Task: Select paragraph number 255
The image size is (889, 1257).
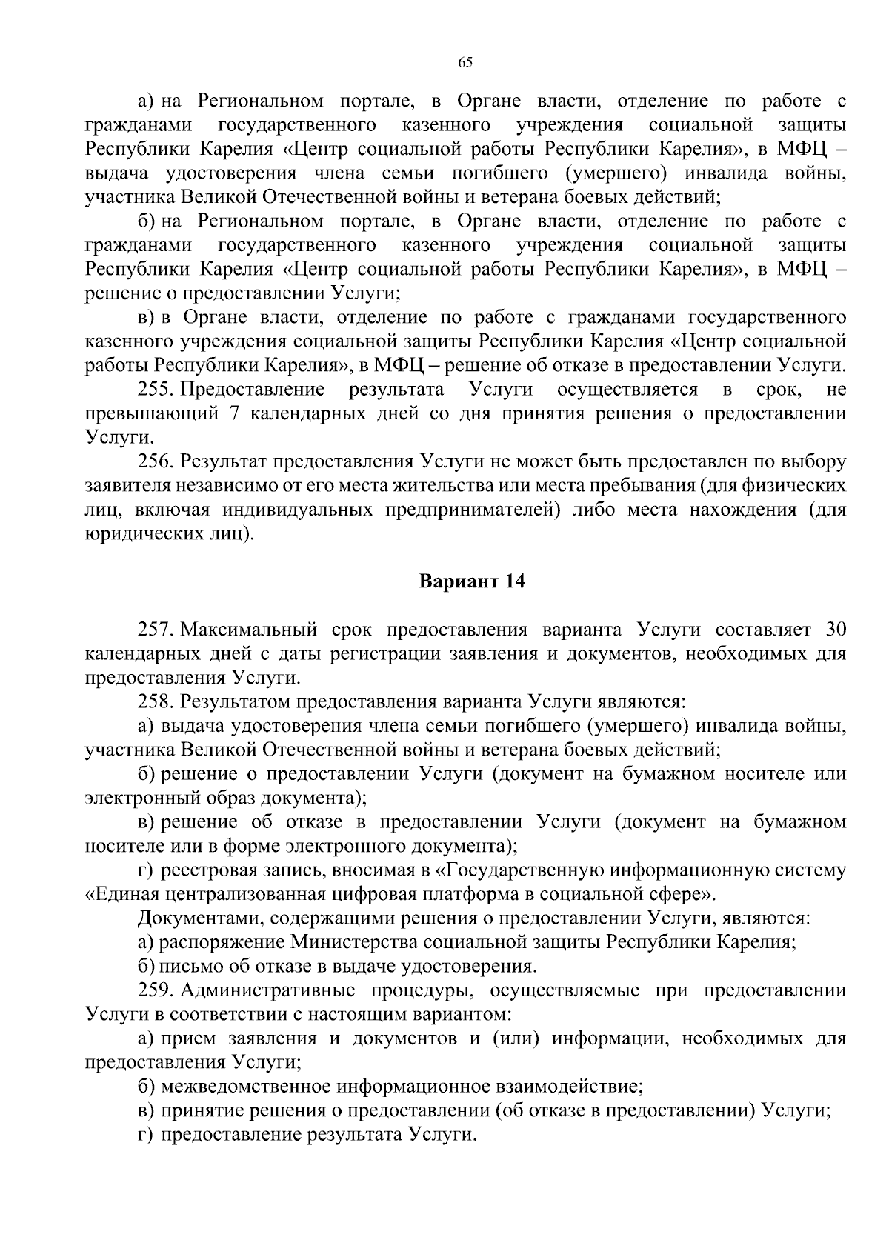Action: pyautogui.click(x=156, y=390)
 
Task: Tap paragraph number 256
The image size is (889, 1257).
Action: pyautogui.click(x=156, y=461)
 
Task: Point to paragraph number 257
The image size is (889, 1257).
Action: pyautogui.click(x=156, y=630)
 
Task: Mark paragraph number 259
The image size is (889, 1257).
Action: pyautogui.click(x=156, y=990)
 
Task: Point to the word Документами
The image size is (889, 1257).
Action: pyautogui.click(x=200, y=918)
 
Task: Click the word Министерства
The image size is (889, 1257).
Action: pyautogui.click(x=356, y=942)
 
